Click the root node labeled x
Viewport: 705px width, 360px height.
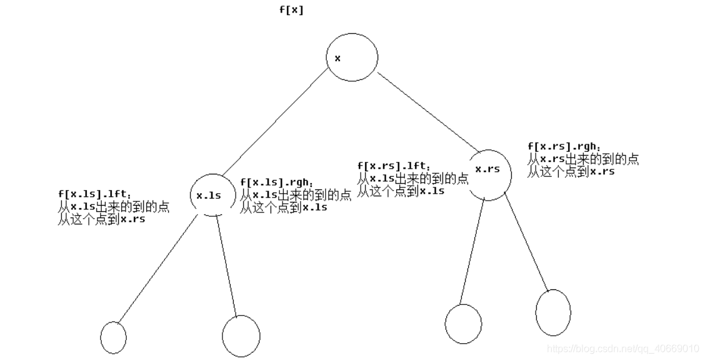[x=352, y=58]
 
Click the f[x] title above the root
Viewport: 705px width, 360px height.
[x=291, y=10]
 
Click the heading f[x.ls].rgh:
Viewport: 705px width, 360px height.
[x=274, y=182]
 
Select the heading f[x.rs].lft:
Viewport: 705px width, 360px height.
[x=393, y=166]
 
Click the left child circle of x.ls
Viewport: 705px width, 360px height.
[x=113, y=337]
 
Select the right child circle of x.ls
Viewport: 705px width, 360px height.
[x=241, y=336]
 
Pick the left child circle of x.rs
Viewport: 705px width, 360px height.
[x=463, y=324]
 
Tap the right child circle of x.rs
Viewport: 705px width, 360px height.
[x=553, y=312]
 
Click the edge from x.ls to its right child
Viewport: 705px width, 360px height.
[x=227, y=266]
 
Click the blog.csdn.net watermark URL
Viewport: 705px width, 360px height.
[x=622, y=348]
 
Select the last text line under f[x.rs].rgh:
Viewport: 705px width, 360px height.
[x=571, y=172]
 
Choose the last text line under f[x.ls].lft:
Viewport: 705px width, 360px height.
[x=101, y=219]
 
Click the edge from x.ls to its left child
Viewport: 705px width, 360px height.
[x=160, y=269]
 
